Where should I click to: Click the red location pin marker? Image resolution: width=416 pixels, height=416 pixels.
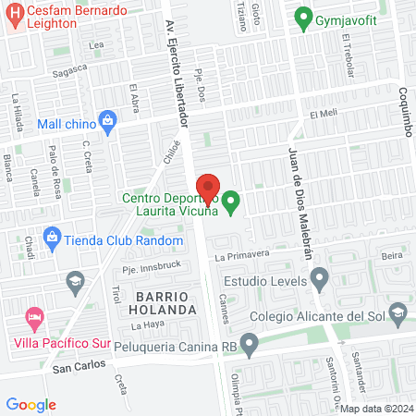pos(208,189)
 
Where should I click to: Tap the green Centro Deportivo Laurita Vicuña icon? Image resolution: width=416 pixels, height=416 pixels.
pos(231,199)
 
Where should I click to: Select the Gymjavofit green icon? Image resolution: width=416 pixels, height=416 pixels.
pos(301,17)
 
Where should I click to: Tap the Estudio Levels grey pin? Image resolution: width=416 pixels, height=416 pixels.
pos(320,275)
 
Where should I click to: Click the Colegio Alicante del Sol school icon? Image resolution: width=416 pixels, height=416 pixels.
pos(397,314)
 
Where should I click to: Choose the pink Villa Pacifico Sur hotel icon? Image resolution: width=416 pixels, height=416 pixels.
pos(35,319)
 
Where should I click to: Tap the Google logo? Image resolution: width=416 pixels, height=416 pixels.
pos(31,404)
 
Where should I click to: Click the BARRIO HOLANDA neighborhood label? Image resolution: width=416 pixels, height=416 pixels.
pos(165,300)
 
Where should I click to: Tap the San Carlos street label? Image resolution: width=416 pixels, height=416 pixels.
pos(73,367)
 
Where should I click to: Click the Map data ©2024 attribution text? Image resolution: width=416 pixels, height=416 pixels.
pos(375,409)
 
